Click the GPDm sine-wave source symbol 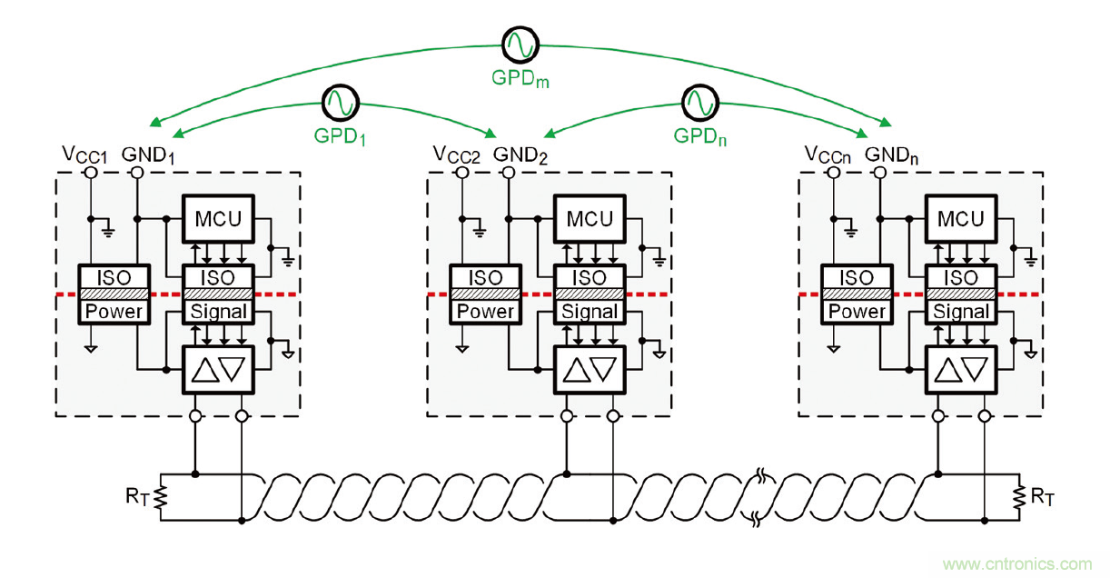point(521,44)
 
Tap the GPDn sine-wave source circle point(700,103)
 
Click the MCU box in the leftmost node point(219,218)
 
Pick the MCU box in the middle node point(590,218)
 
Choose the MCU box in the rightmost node point(960,218)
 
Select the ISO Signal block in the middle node point(590,294)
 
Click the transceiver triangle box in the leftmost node point(219,370)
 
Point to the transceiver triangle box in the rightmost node point(960,370)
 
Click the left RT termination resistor point(161,497)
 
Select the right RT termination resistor point(1018,497)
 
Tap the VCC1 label point(85,155)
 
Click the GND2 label point(520,154)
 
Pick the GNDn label point(891,154)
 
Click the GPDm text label point(521,79)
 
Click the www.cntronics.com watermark point(1017,564)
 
